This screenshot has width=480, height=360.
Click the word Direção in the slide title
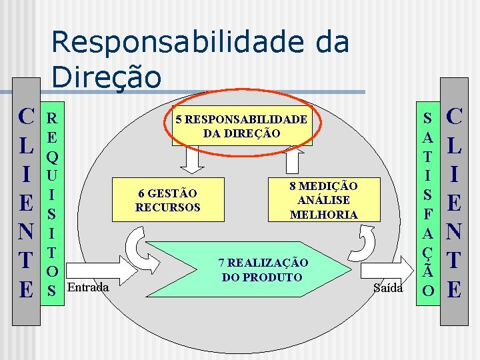coord(107,76)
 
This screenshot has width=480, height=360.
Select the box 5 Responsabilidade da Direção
coord(241,125)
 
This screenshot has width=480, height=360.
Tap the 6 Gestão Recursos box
coord(167,199)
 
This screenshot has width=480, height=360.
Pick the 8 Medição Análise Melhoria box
coord(323,199)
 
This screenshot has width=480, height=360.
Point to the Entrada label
coord(89,287)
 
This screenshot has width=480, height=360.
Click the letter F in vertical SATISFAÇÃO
coord(430,215)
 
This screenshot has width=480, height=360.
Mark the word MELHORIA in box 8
coord(323,214)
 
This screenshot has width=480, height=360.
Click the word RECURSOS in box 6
coord(167,207)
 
